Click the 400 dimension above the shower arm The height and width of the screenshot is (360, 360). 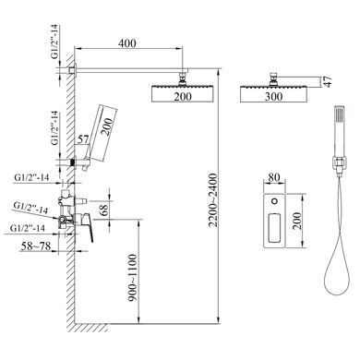127,43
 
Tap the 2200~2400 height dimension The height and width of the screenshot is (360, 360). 213,200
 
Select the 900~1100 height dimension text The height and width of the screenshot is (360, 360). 132,278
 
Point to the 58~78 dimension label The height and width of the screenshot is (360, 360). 36,246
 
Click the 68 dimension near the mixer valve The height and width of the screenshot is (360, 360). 104,210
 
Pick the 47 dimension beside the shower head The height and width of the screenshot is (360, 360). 328,81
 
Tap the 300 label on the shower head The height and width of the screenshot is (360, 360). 273,97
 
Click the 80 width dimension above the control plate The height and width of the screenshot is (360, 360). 274,178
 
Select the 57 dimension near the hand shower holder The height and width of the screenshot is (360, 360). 83,139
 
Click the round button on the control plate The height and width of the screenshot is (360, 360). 274,201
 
